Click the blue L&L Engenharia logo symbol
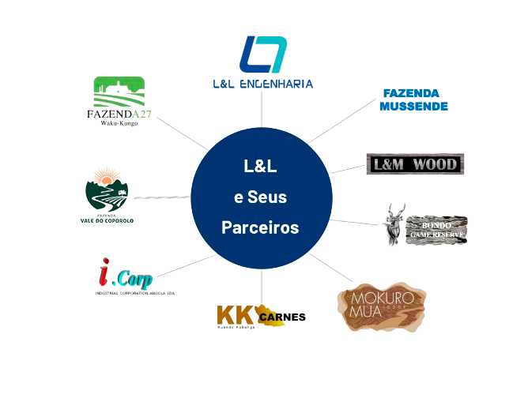[263, 54]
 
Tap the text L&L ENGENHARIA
[263, 83]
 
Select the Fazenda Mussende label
[414, 99]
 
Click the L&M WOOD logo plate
[416, 164]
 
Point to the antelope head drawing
[395, 223]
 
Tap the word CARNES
[284, 317]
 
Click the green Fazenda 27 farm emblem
[119, 92]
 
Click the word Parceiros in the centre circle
[260, 227]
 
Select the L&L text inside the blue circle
[260, 167]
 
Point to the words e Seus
[260, 197]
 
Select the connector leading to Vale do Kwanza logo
[162, 197]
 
